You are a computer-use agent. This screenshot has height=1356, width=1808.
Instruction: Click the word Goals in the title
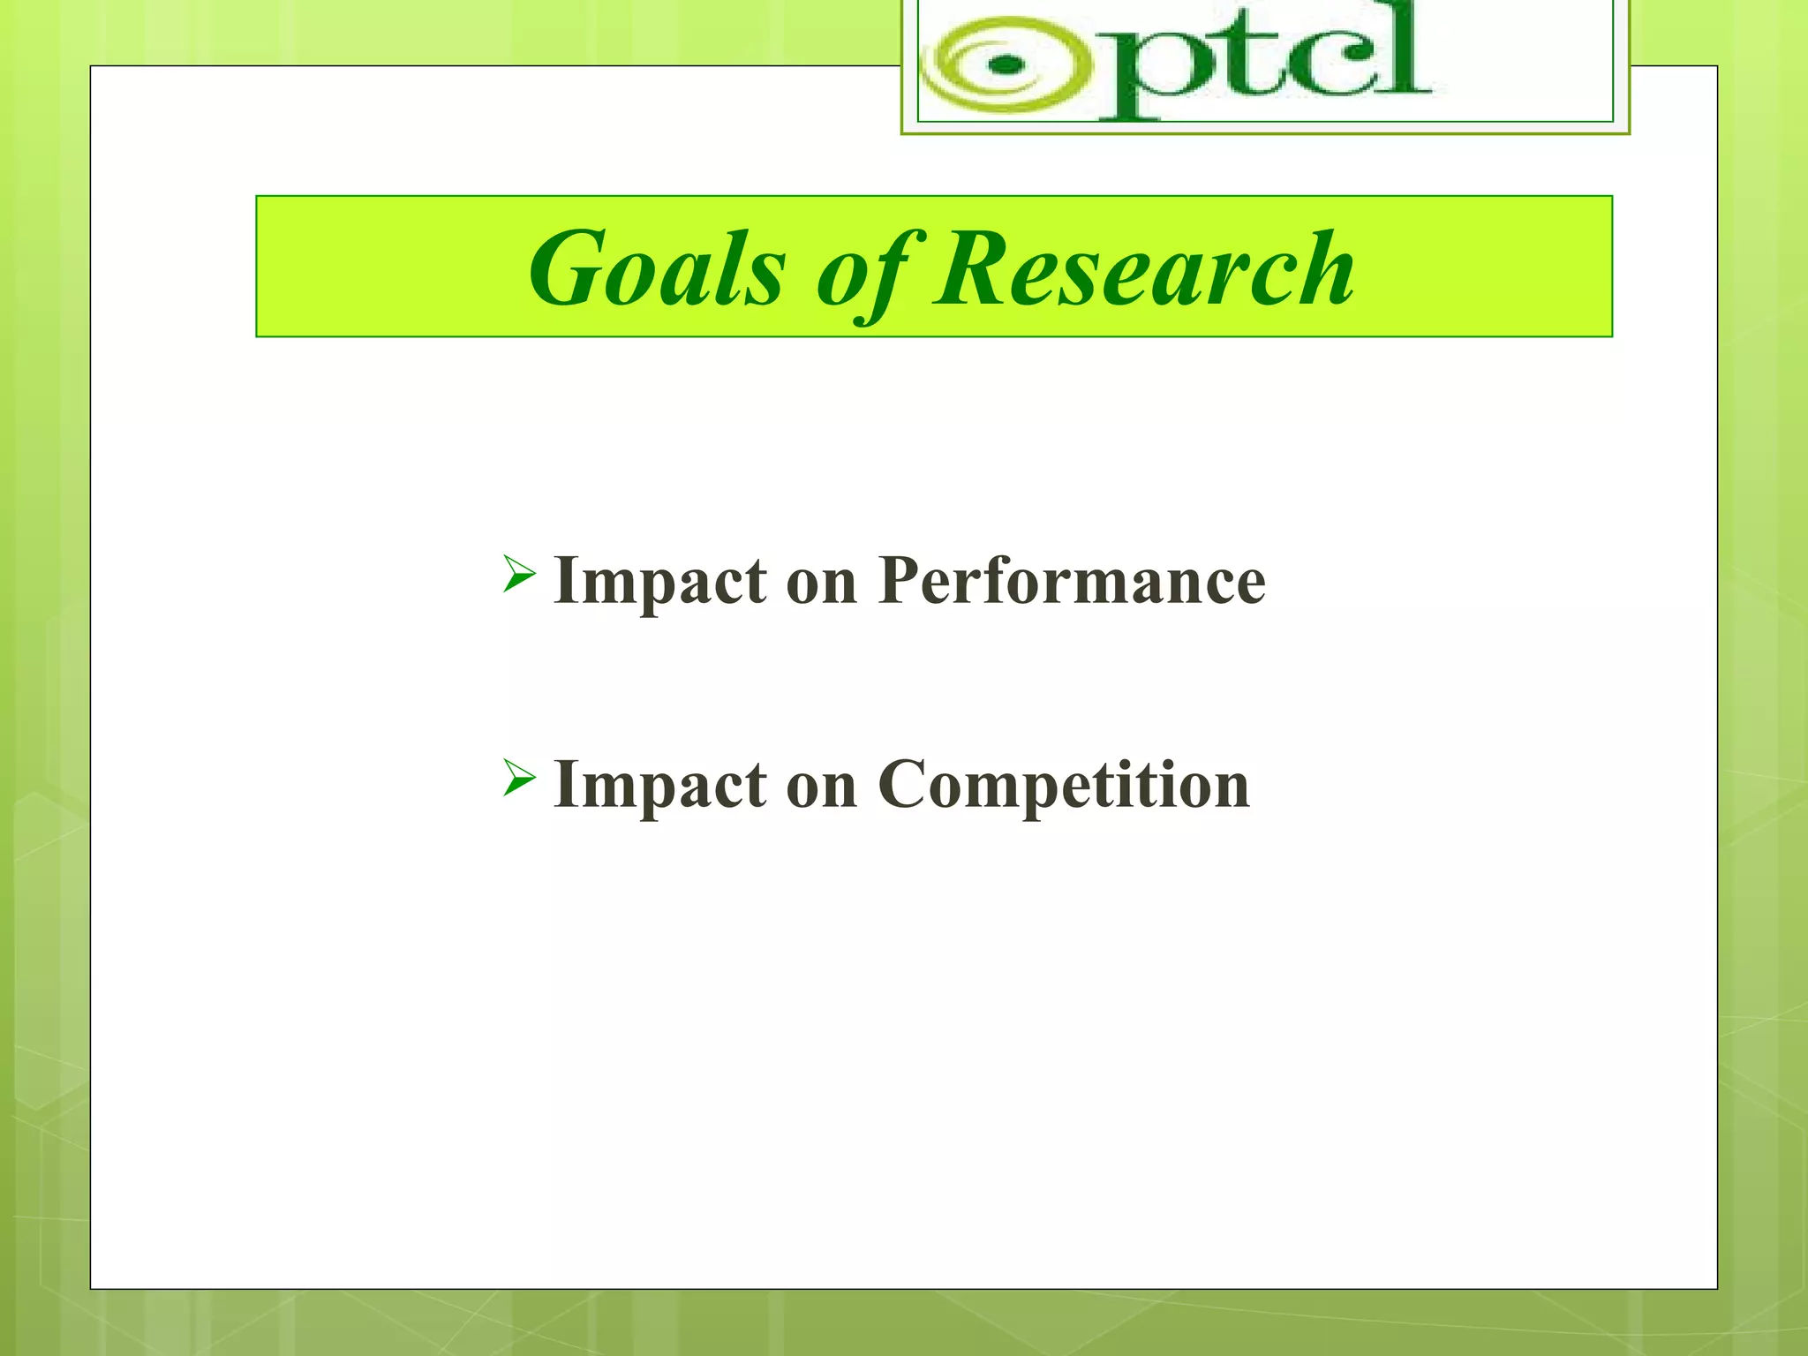656,268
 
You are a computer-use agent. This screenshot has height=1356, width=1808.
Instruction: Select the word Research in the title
1144,268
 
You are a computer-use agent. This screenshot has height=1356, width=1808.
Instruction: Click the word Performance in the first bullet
1072,582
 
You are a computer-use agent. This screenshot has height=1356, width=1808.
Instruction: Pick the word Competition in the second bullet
1064,785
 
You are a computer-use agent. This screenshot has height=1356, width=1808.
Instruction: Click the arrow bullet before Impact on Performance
519,575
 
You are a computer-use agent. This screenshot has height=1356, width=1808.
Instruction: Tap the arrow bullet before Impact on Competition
519,778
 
